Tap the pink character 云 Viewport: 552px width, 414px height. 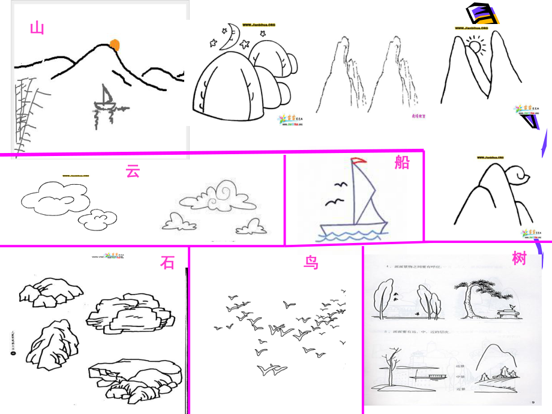pos(133,170)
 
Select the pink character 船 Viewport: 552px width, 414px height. pos(402,162)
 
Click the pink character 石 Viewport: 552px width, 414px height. pos(167,262)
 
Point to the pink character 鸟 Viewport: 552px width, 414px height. pos(311,263)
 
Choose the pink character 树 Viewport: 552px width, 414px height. pos(520,259)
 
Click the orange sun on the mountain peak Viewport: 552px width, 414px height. pos(115,44)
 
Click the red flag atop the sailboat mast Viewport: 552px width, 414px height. pos(358,161)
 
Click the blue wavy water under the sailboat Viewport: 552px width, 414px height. pos(352,235)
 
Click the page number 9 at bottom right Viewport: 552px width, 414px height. pos(532,403)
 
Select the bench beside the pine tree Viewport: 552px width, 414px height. pos(509,311)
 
